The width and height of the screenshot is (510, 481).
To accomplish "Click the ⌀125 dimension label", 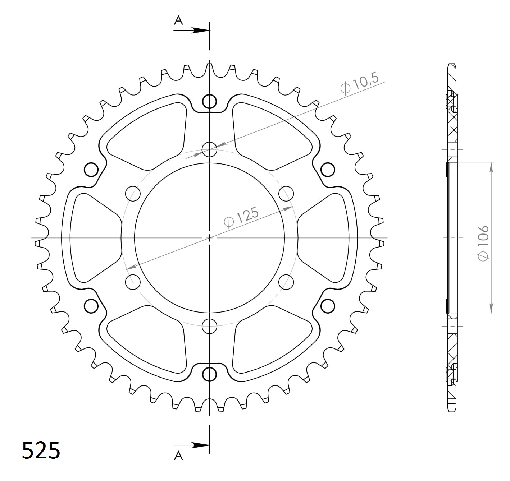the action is [241, 218].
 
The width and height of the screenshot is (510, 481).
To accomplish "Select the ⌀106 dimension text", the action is [483, 243].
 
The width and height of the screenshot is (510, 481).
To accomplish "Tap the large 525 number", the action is [41, 450].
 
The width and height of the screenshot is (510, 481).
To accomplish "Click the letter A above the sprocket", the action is [178, 20].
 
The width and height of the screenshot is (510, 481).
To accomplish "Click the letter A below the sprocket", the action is [178, 456].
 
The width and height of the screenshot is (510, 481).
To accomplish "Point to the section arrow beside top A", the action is [192, 31].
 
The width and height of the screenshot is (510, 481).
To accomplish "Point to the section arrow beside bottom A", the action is [192, 445].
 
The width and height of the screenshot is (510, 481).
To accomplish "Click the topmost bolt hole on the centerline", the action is [209, 101].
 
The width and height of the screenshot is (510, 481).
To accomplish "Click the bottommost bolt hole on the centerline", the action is [209, 375].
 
